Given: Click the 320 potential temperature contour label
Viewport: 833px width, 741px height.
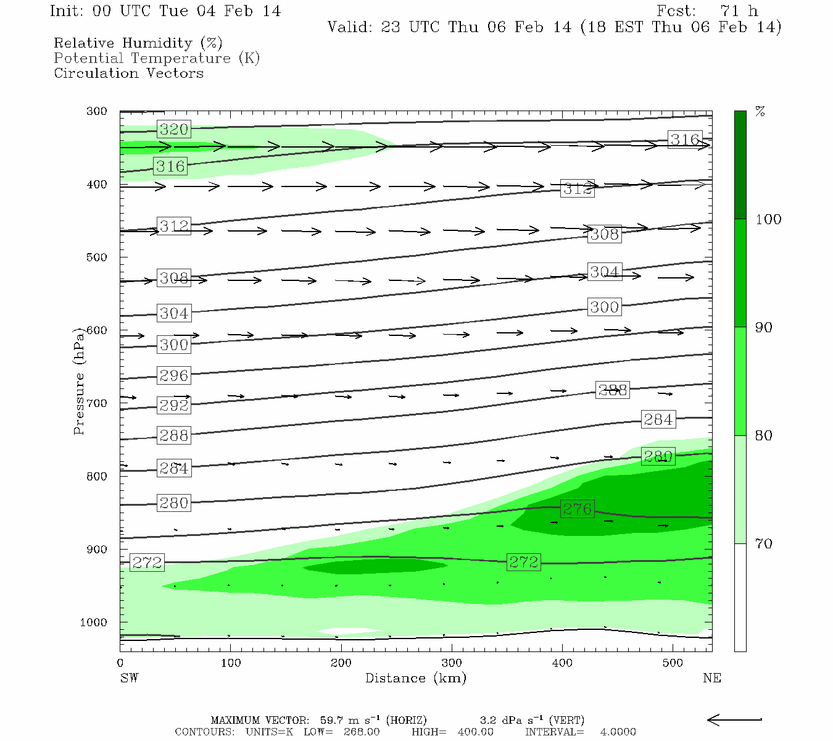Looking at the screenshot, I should coord(173,129).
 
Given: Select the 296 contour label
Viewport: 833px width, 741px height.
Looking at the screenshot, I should coord(173,375).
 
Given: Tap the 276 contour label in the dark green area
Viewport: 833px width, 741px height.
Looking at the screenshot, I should coord(577,509).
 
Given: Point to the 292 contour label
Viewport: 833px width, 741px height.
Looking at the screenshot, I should coord(173,406).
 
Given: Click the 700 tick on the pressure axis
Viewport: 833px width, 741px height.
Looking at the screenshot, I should coord(97,403).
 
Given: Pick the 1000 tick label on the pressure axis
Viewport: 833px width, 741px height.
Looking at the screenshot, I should coord(93,622).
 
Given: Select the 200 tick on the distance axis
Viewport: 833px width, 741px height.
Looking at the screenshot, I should coord(341,663).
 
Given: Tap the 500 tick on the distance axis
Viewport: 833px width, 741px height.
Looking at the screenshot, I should coord(673,663).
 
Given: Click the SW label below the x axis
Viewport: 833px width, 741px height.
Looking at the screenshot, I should coord(129,678).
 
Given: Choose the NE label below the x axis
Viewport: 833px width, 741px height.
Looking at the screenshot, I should coord(711,678).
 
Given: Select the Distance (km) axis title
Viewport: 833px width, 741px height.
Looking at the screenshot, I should coord(415,678).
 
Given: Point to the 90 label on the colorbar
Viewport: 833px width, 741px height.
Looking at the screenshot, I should coord(764,328).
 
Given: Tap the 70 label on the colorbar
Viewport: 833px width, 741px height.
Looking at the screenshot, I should coord(764,544).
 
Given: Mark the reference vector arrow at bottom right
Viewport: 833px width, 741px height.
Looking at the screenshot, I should coord(734,719).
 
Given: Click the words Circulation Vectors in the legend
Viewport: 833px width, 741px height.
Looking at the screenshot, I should coord(128,73).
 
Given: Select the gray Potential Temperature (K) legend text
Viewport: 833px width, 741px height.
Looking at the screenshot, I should coord(157,58).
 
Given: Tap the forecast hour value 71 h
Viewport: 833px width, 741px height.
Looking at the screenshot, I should coord(739,11).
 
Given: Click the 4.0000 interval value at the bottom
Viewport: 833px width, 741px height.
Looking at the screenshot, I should coord(618,732).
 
